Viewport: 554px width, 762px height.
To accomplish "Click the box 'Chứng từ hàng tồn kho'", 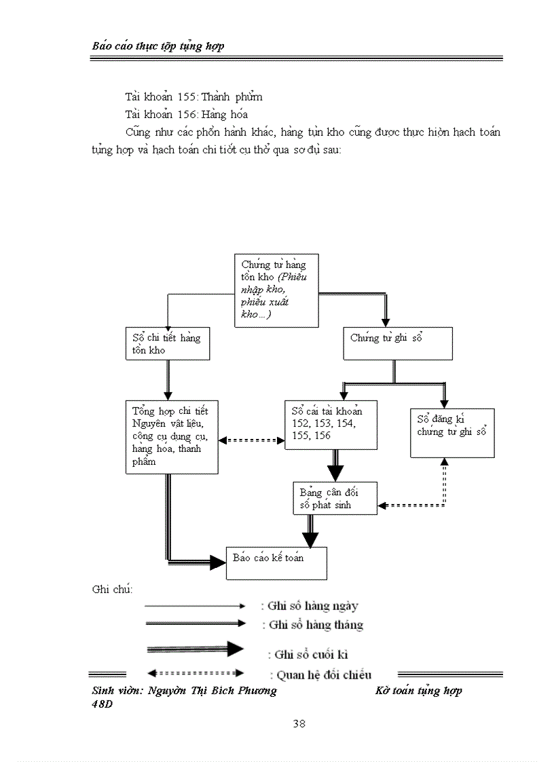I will pyautogui.click(x=276, y=290).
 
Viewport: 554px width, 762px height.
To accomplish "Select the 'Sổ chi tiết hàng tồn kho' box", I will pyautogui.click(x=167, y=343).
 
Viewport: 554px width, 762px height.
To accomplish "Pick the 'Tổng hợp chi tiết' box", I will pyautogui.click(x=172, y=436).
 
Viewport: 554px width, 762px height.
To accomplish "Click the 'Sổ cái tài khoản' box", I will pyautogui.click(x=331, y=424).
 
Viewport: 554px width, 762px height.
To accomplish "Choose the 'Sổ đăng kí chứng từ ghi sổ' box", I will pyautogui.click(x=452, y=432).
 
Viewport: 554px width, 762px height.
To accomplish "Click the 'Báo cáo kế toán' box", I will pyautogui.click(x=276, y=563).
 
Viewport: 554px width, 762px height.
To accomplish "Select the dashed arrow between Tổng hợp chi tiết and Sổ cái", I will pyautogui.click(x=251, y=440).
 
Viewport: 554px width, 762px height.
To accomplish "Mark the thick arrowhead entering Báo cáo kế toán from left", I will pyautogui.click(x=217, y=562).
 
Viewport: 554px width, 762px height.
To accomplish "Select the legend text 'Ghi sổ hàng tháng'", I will pyautogui.click(x=316, y=625).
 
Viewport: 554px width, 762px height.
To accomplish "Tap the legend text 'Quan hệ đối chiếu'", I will pyautogui.click(x=320, y=674).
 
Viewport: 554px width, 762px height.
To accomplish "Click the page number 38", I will pyautogui.click(x=299, y=723).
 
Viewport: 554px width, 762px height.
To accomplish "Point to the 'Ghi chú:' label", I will pyautogui.click(x=112, y=588).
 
